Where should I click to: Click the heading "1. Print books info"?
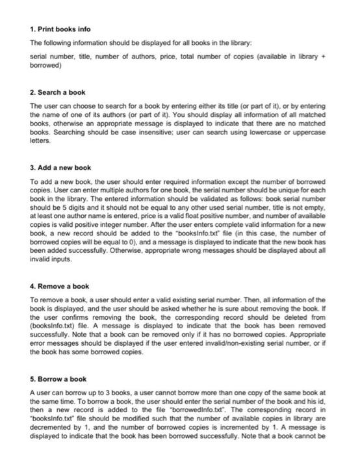click(x=60, y=30)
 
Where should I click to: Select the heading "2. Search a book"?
click(x=58, y=93)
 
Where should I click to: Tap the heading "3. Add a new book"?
click(x=61, y=168)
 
